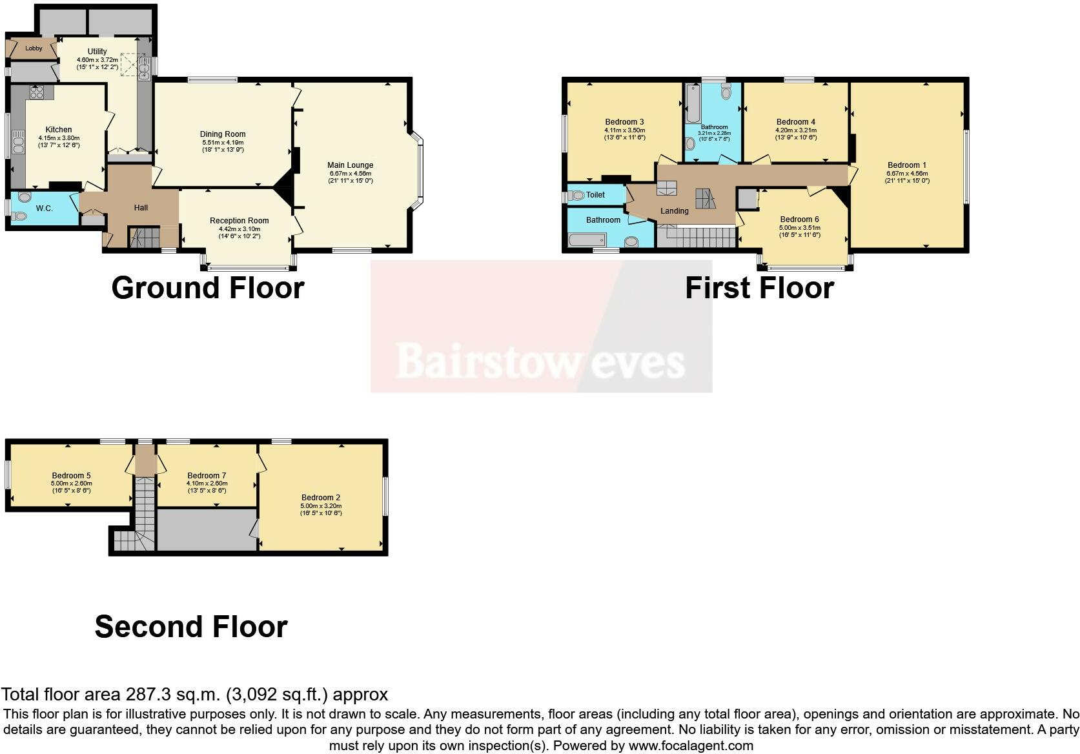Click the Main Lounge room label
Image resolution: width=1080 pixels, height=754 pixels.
point(351,165)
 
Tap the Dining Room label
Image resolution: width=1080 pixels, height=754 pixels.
point(223,134)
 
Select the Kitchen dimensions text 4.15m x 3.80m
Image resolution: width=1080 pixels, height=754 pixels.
point(59,138)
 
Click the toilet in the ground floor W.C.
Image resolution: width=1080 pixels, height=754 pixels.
point(25,197)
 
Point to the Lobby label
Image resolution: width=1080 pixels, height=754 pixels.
point(34,48)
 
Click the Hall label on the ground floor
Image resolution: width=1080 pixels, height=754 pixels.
point(141,207)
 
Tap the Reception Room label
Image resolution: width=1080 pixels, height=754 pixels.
point(239,221)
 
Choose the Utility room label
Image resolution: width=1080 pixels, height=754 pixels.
point(97,52)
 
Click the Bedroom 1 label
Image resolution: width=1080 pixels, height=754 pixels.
point(906,165)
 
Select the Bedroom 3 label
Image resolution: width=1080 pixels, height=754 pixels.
point(624,122)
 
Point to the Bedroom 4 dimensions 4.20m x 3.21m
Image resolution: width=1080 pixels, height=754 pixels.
point(796,130)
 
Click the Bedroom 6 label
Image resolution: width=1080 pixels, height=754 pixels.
point(799,219)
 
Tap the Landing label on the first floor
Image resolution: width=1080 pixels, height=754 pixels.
point(675,211)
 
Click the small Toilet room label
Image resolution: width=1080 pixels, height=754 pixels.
point(595,195)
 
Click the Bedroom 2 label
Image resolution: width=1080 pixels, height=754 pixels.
point(321,498)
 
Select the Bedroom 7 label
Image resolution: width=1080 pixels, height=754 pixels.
point(207,476)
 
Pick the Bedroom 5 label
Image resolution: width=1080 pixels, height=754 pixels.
point(71,476)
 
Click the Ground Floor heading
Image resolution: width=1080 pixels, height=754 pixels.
point(207,288)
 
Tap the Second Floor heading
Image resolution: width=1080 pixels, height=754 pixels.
point(191,627)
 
